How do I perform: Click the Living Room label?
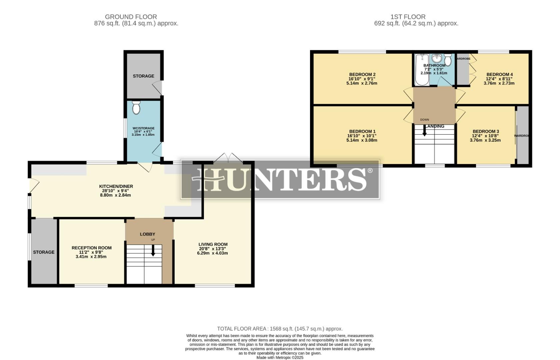tap(213, 244)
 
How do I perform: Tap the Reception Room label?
tap(91, 248)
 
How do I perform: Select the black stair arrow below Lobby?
tap(153, 251)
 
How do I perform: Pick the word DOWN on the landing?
tap(424, 120)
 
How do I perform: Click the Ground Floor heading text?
tap(131, 17)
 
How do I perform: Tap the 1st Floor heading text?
tap(408, 17)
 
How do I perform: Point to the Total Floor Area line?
tap(280, 329)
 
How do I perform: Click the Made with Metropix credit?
tap(280, 357)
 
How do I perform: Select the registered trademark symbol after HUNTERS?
tap(370, 171)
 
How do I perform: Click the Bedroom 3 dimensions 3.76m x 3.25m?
tap(485, 140)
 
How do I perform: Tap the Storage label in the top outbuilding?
tap(143, 76)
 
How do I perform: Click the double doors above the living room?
tap(228, 158)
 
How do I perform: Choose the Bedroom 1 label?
tap(362, 131)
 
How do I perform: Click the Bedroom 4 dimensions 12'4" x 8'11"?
tap(499, 79)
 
